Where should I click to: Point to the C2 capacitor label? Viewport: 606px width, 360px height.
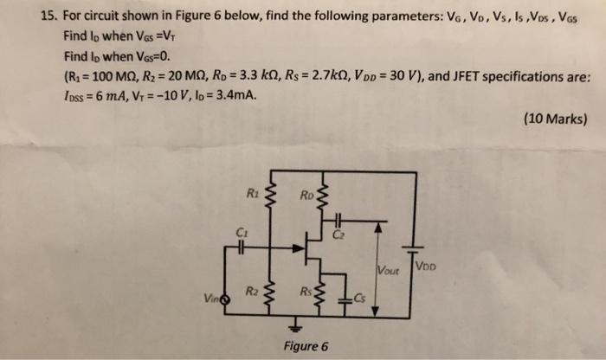(337, 234)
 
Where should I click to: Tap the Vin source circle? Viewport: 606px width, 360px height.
(226, 300)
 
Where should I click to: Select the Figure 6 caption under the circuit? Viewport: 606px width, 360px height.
(306, 345)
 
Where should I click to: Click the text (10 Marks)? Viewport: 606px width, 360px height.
(555, 119)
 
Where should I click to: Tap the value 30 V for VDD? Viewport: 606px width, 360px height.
(395, 76)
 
